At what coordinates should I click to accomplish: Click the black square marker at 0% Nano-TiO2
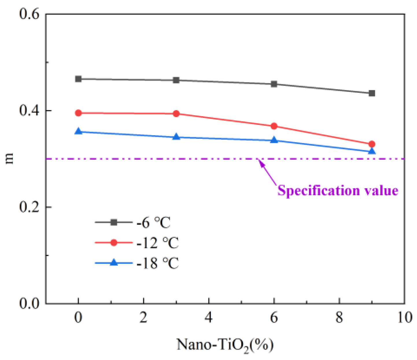78,79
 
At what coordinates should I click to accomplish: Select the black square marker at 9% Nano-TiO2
372,93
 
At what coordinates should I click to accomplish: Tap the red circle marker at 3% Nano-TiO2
176,114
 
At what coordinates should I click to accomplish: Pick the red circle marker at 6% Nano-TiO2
274,126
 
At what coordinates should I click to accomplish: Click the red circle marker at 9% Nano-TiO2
372,144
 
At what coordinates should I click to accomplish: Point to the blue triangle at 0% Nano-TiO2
78,131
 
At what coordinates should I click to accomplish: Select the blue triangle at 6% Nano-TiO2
274,140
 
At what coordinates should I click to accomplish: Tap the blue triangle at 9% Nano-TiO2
372,151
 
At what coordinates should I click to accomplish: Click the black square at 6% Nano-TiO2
274,84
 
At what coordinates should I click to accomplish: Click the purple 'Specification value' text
338,191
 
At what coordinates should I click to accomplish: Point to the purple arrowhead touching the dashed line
261,163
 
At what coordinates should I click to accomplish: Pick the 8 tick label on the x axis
339,318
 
